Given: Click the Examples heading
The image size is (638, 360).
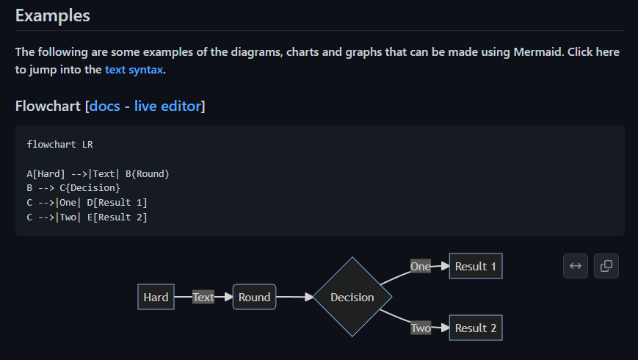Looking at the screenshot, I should pyautogui.click(x=52, y=15).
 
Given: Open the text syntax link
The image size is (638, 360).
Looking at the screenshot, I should pyautogui.click(x=134, y=70).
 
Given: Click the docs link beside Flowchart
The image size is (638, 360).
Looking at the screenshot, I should pyautogui.click(x=104, y=107).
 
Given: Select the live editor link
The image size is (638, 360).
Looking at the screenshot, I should pyautogui.click(x=167, y=107).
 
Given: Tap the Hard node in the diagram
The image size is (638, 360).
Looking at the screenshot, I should pyautogui.click(x=156, y=298).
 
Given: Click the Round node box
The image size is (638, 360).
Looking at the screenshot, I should pyautogui.click(x=254, y=298).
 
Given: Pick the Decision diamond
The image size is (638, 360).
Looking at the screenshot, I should pyautogui.click(x=352, y=298).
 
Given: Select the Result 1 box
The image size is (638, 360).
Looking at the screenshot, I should pyautogui.click(x=475, y=267).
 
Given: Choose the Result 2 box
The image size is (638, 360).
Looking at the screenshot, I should pyautogui.click(x=475, y=328).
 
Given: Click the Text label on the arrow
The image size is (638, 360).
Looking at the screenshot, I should pyautogui.click(x=203, y=298).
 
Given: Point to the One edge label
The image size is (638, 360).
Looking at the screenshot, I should pyautogui.click(x=421, y=267).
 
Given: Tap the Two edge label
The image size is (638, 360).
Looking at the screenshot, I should pyautogui.click(x=421, y=328).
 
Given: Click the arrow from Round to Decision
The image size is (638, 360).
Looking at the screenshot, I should pyautogui.click(x=294, y=298).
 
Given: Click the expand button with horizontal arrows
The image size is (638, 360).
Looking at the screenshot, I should pyautogui.click(x=576, y=266).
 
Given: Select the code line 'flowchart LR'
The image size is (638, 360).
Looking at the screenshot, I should pyautogui.click(x=59, y=144).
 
